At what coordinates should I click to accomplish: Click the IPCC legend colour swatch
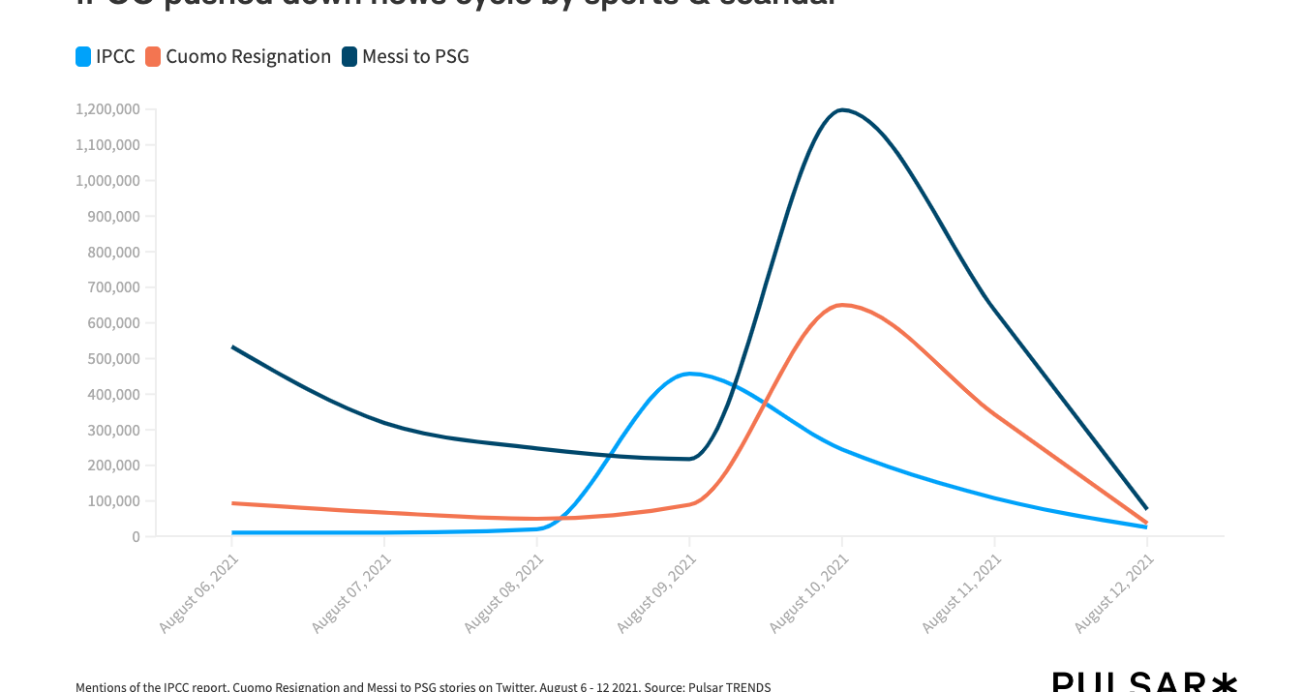pos(84,57)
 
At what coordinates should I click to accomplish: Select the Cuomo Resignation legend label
pos(248,57)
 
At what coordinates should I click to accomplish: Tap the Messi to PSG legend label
pos(415,57)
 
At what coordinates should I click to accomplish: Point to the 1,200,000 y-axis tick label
pos(107,109)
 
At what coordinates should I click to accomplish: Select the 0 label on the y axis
pos(136,537)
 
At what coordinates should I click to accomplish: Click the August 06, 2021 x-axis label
pos(199,593)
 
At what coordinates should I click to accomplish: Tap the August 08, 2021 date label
pos(504,593)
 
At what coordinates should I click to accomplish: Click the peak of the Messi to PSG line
pos(842,109)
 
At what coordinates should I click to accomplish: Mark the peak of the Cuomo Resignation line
pos(842,305)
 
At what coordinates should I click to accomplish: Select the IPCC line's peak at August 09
pos(690,374)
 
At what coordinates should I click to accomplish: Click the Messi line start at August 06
pos(232,346)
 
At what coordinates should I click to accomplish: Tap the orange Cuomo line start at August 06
pos(232,503)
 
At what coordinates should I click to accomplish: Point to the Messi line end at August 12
pos(1147,509)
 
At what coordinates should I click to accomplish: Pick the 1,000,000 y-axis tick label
pos(107,181)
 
